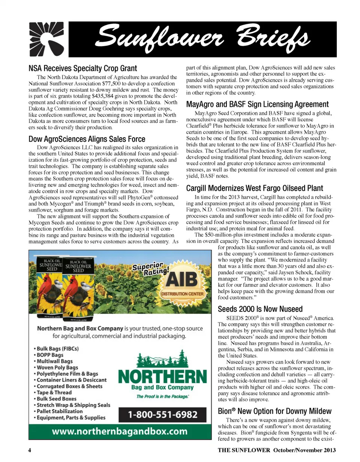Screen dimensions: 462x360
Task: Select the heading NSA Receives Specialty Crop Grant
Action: click(x=83, y=69)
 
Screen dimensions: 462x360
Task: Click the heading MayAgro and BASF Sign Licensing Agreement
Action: click(x=257, y=104)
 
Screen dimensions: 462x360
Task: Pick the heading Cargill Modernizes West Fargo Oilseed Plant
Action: click(x=255, y=188)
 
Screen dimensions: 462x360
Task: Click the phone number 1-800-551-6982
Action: click(x=162, y=415)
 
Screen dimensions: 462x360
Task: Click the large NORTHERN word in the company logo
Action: click(x=162, y=376)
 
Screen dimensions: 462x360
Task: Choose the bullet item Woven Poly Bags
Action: click(x=56, y=367)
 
